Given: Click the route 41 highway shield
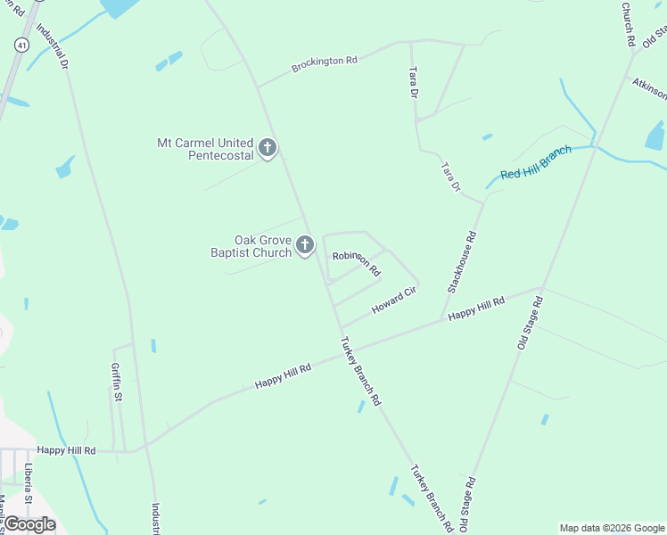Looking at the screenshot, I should click(x=21, y=42).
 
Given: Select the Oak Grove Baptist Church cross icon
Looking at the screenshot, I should click(x=305, y=245).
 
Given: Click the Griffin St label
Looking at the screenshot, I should click(x=117, y=380).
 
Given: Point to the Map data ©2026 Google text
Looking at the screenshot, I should click(x=612, y=528).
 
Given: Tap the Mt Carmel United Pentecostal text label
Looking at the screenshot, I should click(x=205, y=148).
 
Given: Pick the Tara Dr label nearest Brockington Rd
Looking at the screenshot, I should click(x=412, y=82).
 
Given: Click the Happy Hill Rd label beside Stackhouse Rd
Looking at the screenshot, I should click(x=476, y=309).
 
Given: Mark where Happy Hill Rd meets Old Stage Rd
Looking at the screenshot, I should click(x=541, y=289).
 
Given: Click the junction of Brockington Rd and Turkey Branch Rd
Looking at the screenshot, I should click(x=258, y=87).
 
